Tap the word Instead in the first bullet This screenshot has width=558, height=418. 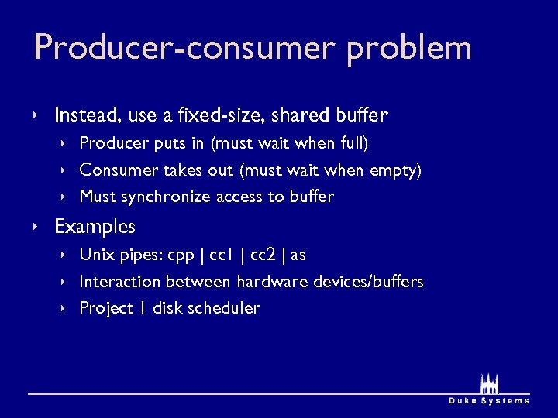(x=84, y=116)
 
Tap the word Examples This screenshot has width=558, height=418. (x=95, y=227)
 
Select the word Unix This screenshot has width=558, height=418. (x=97, y=255)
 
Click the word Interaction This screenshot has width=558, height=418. (x=120, y=282)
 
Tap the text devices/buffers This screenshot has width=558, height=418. (x=368, y=282)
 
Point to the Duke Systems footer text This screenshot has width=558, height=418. (x=489, y=400)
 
